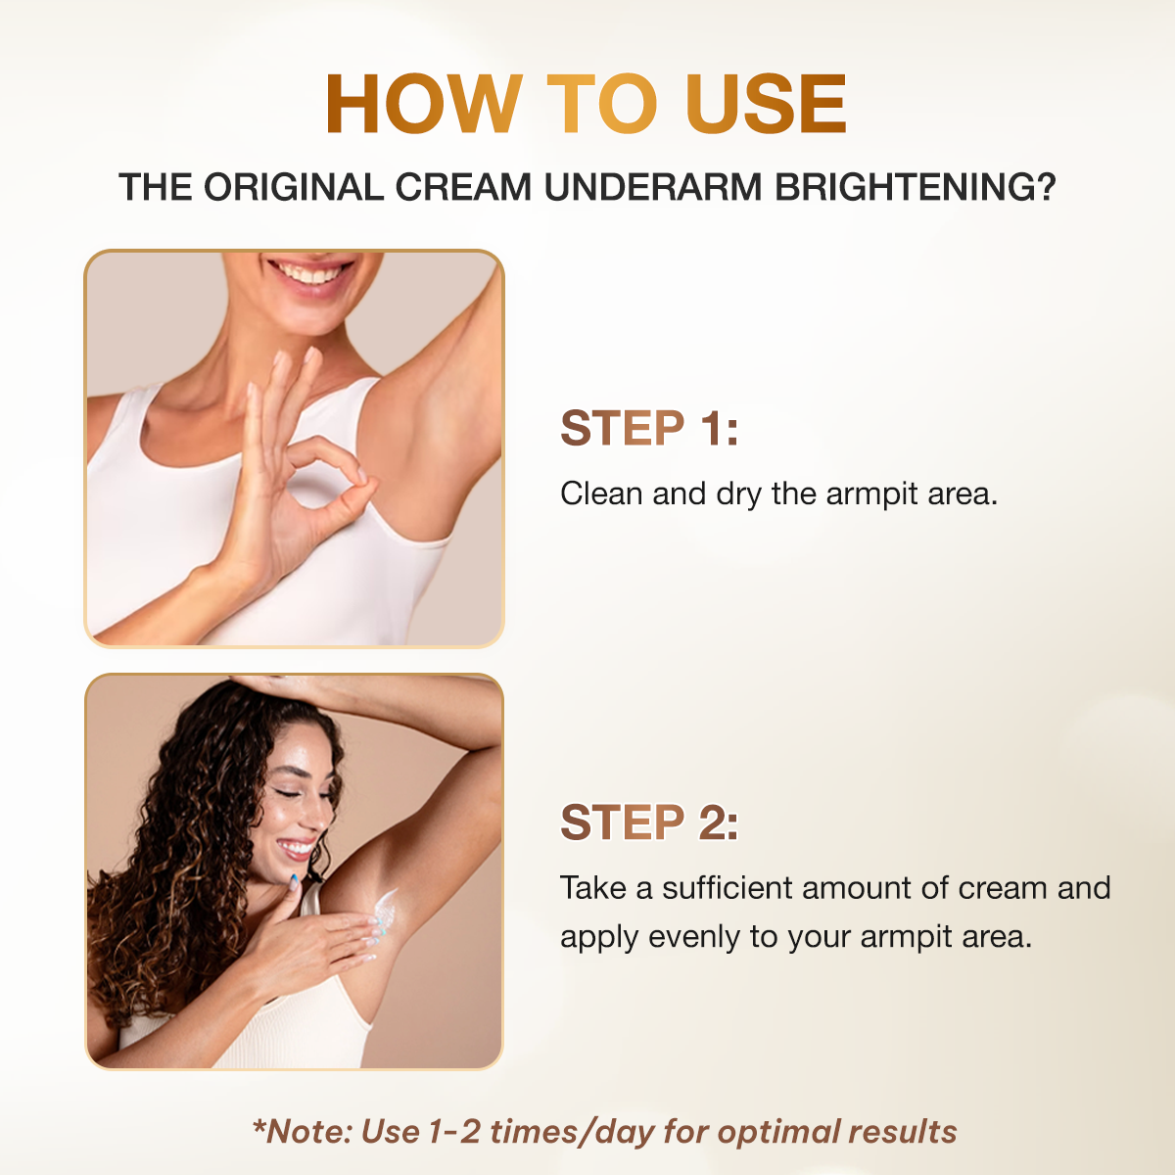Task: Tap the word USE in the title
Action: [766, 104]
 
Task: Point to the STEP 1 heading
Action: [648, 429]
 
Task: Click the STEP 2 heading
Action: [648, 822]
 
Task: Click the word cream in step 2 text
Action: [1003, 889]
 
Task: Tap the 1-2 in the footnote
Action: [454, 1132]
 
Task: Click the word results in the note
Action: [902, 1132]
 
